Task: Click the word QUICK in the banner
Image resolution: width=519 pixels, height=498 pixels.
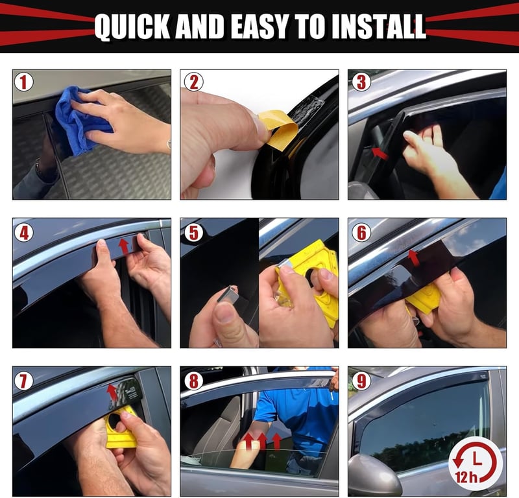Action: pos(132,27)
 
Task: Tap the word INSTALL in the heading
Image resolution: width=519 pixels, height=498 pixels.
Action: pos(378,26)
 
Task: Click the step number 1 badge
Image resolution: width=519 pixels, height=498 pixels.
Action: pos(23,82)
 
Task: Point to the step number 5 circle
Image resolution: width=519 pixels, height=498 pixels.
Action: pos(193,232)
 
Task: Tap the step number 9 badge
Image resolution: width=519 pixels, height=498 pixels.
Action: pos(361,381)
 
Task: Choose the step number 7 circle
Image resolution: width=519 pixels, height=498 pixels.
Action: pos(23,381)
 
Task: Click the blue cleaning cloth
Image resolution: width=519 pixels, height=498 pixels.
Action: pos(82,119)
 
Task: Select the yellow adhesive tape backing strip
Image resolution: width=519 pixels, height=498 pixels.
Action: pos(278,130)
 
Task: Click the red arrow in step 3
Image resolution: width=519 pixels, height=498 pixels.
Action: pos(380,154)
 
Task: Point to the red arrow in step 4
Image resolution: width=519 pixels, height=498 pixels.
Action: pos(124,246)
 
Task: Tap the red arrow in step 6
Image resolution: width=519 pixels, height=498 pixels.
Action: pos(413,258)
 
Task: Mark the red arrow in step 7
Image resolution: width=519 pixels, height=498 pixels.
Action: pos(112,392)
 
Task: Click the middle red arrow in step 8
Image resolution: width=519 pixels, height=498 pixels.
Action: pos(263,441)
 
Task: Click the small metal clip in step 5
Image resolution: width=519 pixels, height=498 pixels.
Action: pos(228,295)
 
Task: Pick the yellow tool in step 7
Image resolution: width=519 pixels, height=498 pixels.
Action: pos(121,428)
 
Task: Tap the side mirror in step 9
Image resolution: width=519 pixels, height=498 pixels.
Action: pos(374,475)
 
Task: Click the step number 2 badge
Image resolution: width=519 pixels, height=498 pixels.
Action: pos(193,82)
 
